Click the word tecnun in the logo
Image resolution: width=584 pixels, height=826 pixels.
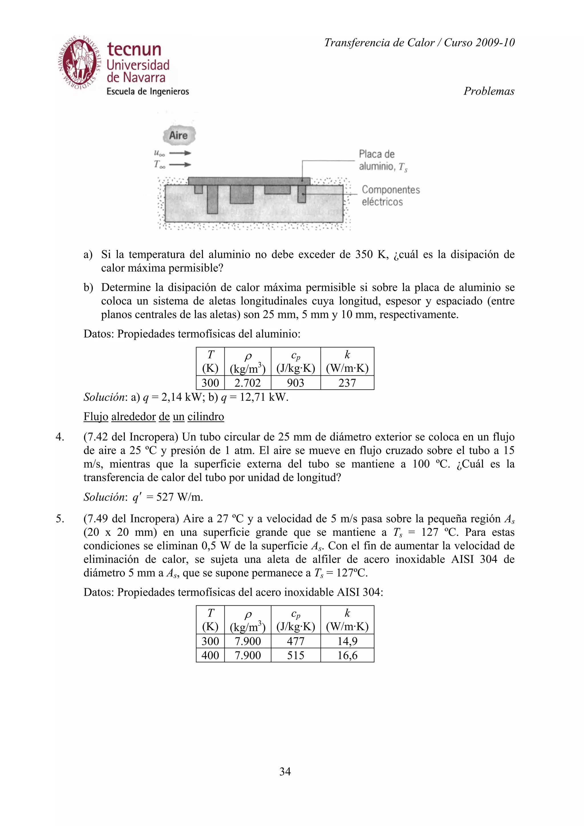(134, 50)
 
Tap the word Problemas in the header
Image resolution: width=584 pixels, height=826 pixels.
(489, 91)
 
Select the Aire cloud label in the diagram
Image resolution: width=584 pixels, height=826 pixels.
(179, 136)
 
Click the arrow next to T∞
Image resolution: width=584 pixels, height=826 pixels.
(180, 165)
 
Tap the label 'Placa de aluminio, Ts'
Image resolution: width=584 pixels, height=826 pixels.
(382, 160)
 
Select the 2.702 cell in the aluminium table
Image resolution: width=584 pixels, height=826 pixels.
(248, 383)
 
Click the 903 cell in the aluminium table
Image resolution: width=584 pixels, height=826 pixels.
(295, 383)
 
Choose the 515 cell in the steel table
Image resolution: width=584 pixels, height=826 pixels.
(295, 655)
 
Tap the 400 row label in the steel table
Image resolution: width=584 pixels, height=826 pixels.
(210, 655)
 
